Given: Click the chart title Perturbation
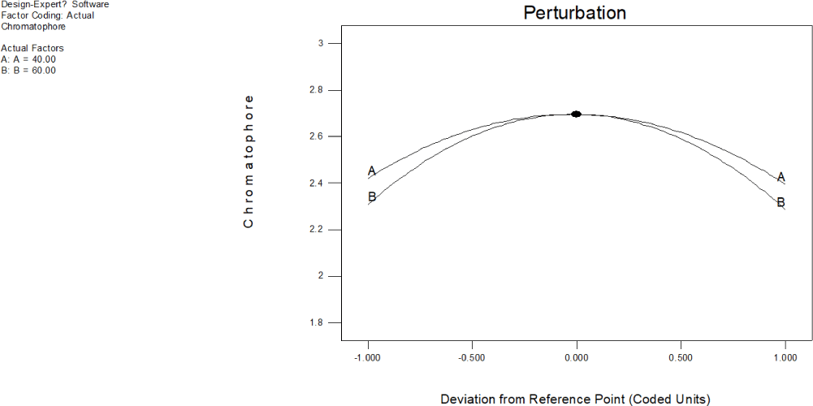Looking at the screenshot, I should [x=574, y=13].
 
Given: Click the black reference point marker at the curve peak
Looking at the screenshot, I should [x=576, y=114].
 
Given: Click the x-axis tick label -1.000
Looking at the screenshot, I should [x=368, y=357].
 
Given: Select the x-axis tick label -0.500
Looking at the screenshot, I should [x=472, y=357].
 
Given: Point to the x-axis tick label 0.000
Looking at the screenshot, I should [x=577, y=357].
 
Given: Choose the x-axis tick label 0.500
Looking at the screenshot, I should [x=681, y=357].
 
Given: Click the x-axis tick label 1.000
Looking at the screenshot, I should [x=785, y=357].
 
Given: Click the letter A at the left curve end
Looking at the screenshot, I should [x=372, y=171].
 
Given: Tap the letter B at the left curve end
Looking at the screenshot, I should [x=372, y=197].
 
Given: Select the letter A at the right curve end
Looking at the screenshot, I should [x=781, y=177].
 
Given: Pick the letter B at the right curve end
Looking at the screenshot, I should [x=781, y=202].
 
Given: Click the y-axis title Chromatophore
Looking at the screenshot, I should [x=249, y=162].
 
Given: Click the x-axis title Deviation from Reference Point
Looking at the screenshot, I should [x=575, y=399].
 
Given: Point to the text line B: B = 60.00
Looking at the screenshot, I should [x=29, y=71].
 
